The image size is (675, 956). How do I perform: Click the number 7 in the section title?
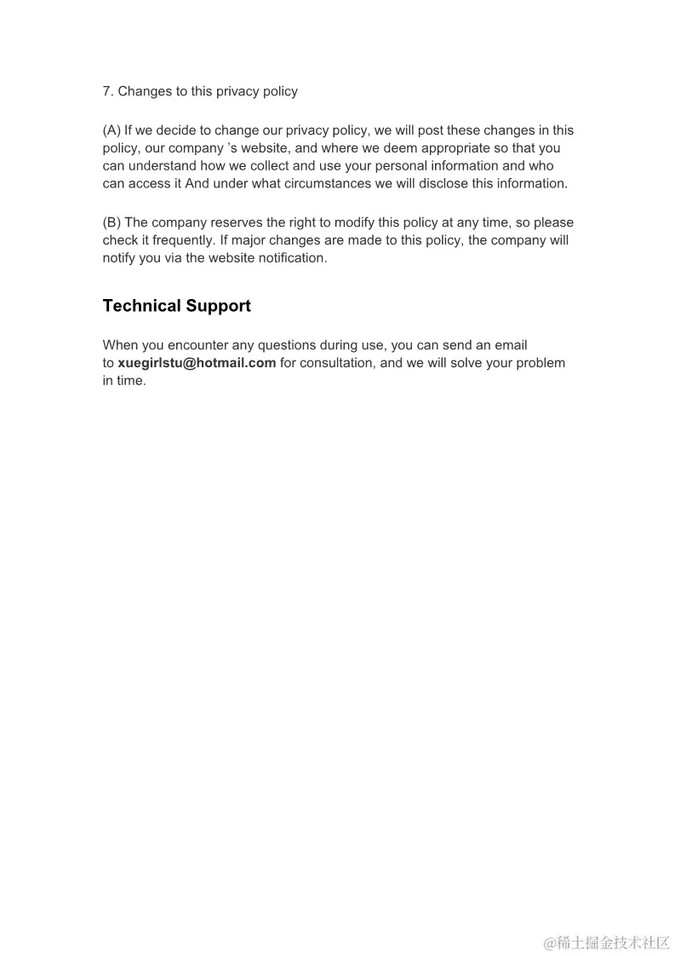coord(106,91)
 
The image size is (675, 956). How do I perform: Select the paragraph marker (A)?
coord(112,130)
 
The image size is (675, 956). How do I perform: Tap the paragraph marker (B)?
coord(112,222)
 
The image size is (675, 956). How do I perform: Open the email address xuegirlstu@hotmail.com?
coord(197,363)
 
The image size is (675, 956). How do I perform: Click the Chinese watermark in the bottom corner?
coord(607,942)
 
